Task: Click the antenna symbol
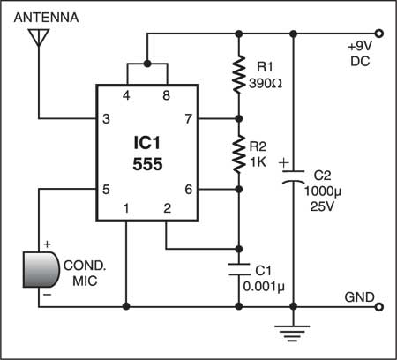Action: pyautogui.click(x=39, y=37)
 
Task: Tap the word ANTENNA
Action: pyautogui.click(x=46, y=18)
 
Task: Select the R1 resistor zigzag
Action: pyautogui.click(x=239, y=74)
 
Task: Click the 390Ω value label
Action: pyautogui.click(x=266, y=84)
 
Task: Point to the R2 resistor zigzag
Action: pyautogui.click(x=239, y=154)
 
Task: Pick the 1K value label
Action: pyautogui.click(x=258, y=162)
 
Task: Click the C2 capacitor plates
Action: pyautogui.click(x=293, y=176)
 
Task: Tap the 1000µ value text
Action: pyautogui.click(x=323, y=191)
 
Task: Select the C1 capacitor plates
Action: pyautogui.click(x=239, y=269)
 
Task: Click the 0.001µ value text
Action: pyautogui.click(x=264, y=287)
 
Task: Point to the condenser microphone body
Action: pyautogui.click(x=41, y=269)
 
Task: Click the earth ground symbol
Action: pyautogui.click(x=292, y=334)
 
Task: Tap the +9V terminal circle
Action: pyautogui.click(x=379, y=34)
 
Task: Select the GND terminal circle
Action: pyautogui.click(x=379, y=307)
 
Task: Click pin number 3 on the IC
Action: pyautogui.click(x=106, y=119)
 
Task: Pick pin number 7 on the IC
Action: pyautogui.click(x=189, y=119)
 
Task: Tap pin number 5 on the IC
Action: pyautogui.click(x=106, y=190)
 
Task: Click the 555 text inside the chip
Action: pyautogui.click(x=147, y=164)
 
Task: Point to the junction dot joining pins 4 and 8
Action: pyautogui.click(x=147, y=64)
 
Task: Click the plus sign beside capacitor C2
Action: pyautogui.click(x=284, y=162)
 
